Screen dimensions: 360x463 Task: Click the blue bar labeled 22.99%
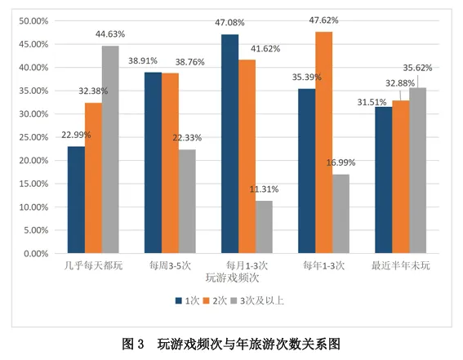click(x=76, y=200)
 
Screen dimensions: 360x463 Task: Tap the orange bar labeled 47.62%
click(x=323, y=143)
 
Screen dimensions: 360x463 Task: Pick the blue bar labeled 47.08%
click(x=229, y=144)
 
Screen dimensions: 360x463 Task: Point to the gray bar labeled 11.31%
click(x=263, y=227)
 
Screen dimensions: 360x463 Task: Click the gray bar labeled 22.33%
click(x=186, y=202)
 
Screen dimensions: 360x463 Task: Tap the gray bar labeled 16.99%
click(x=340, y=214)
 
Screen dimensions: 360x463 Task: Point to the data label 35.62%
click(x=430, y=69)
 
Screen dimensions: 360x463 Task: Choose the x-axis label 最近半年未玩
click(x=400, y=265)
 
